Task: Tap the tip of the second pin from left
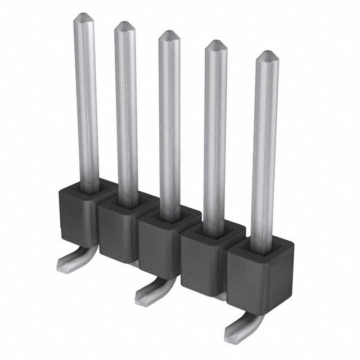click(x=124, y=25)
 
